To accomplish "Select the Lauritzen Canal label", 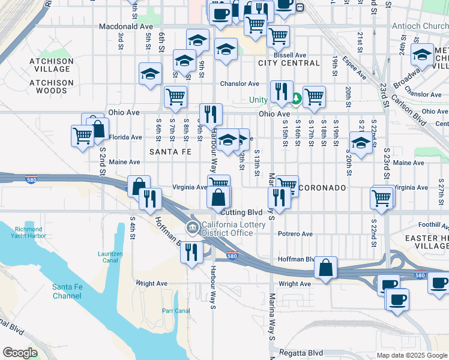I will (110, 257).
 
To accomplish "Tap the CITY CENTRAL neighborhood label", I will (289, 63).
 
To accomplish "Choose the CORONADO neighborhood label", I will (322, 188).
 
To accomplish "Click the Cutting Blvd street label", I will (243, 212).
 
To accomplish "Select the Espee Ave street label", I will (354, 68).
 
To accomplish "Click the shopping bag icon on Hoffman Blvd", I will (325, 268).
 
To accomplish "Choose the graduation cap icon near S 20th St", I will (360, 144).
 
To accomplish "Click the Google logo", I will (20, 353).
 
